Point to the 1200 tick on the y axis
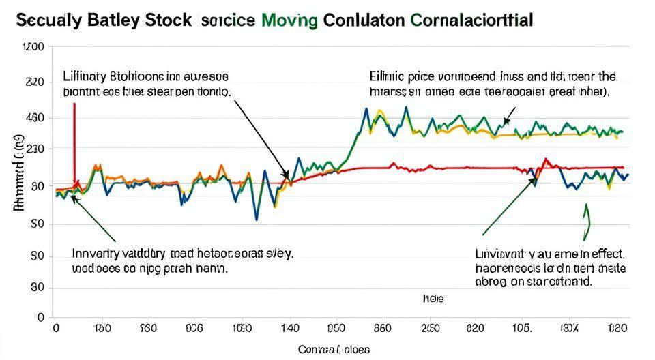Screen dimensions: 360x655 point(33,47)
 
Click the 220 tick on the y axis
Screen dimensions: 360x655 point(35,82)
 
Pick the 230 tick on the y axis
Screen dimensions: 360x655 point(35,149)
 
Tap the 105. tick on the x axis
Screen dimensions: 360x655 point(521,328)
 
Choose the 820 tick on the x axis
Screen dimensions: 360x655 point(474,328)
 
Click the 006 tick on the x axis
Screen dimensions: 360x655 point(194,328)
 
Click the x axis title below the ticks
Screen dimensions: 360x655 point(334,350)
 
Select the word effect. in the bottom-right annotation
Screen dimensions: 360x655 point(607,254)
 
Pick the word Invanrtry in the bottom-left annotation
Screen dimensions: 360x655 point(94,254)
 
